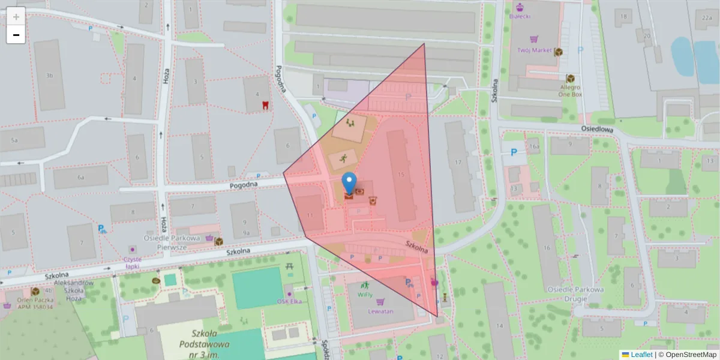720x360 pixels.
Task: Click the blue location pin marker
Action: [349, 182]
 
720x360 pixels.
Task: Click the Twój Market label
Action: [534, 51]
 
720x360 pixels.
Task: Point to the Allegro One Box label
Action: [570, 91]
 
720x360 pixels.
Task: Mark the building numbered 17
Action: [458, 162]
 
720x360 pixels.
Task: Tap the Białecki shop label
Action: [520, 16]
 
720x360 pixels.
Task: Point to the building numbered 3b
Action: [49, 76]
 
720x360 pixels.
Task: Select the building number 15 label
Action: [401, 174]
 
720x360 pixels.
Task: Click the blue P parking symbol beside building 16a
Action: [514, 152]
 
